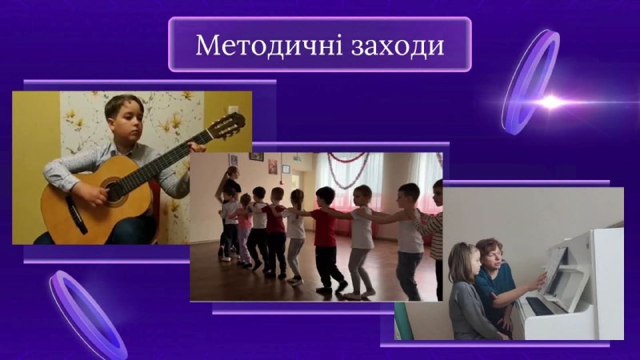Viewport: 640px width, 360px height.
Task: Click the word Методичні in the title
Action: click(x=269, y=45)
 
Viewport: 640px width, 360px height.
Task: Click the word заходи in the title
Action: click(x=398, y=46)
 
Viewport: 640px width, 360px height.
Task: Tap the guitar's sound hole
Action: click(x=114, y=191)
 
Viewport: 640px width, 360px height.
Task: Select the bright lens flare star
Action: click(x=550, y=102)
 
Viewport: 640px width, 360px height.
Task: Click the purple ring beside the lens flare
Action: click(x=530, y=82)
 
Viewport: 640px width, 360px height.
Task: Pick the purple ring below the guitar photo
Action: click(x=87, y=314)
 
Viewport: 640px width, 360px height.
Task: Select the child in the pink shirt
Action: click(x=245, y=229)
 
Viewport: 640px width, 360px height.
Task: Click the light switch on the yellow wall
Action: click(x=232, y=110)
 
